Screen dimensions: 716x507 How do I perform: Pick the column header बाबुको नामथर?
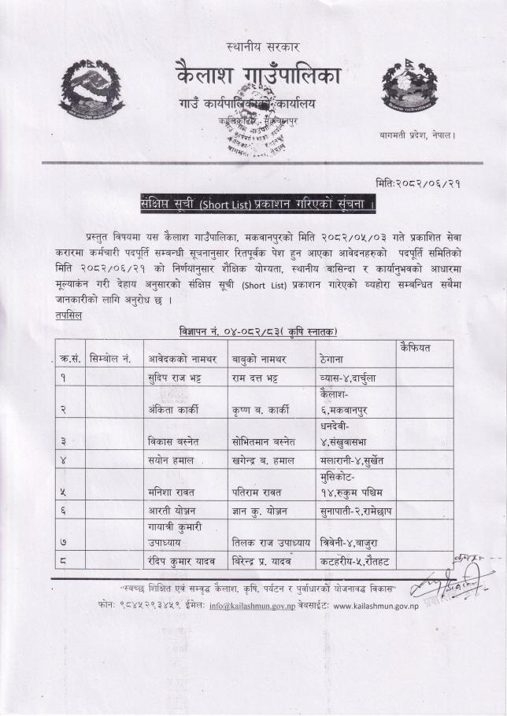coord(262,359)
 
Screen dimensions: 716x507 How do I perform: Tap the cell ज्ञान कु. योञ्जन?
coord(264,511)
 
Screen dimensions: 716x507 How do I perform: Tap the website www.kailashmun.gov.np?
coord(387,607)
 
